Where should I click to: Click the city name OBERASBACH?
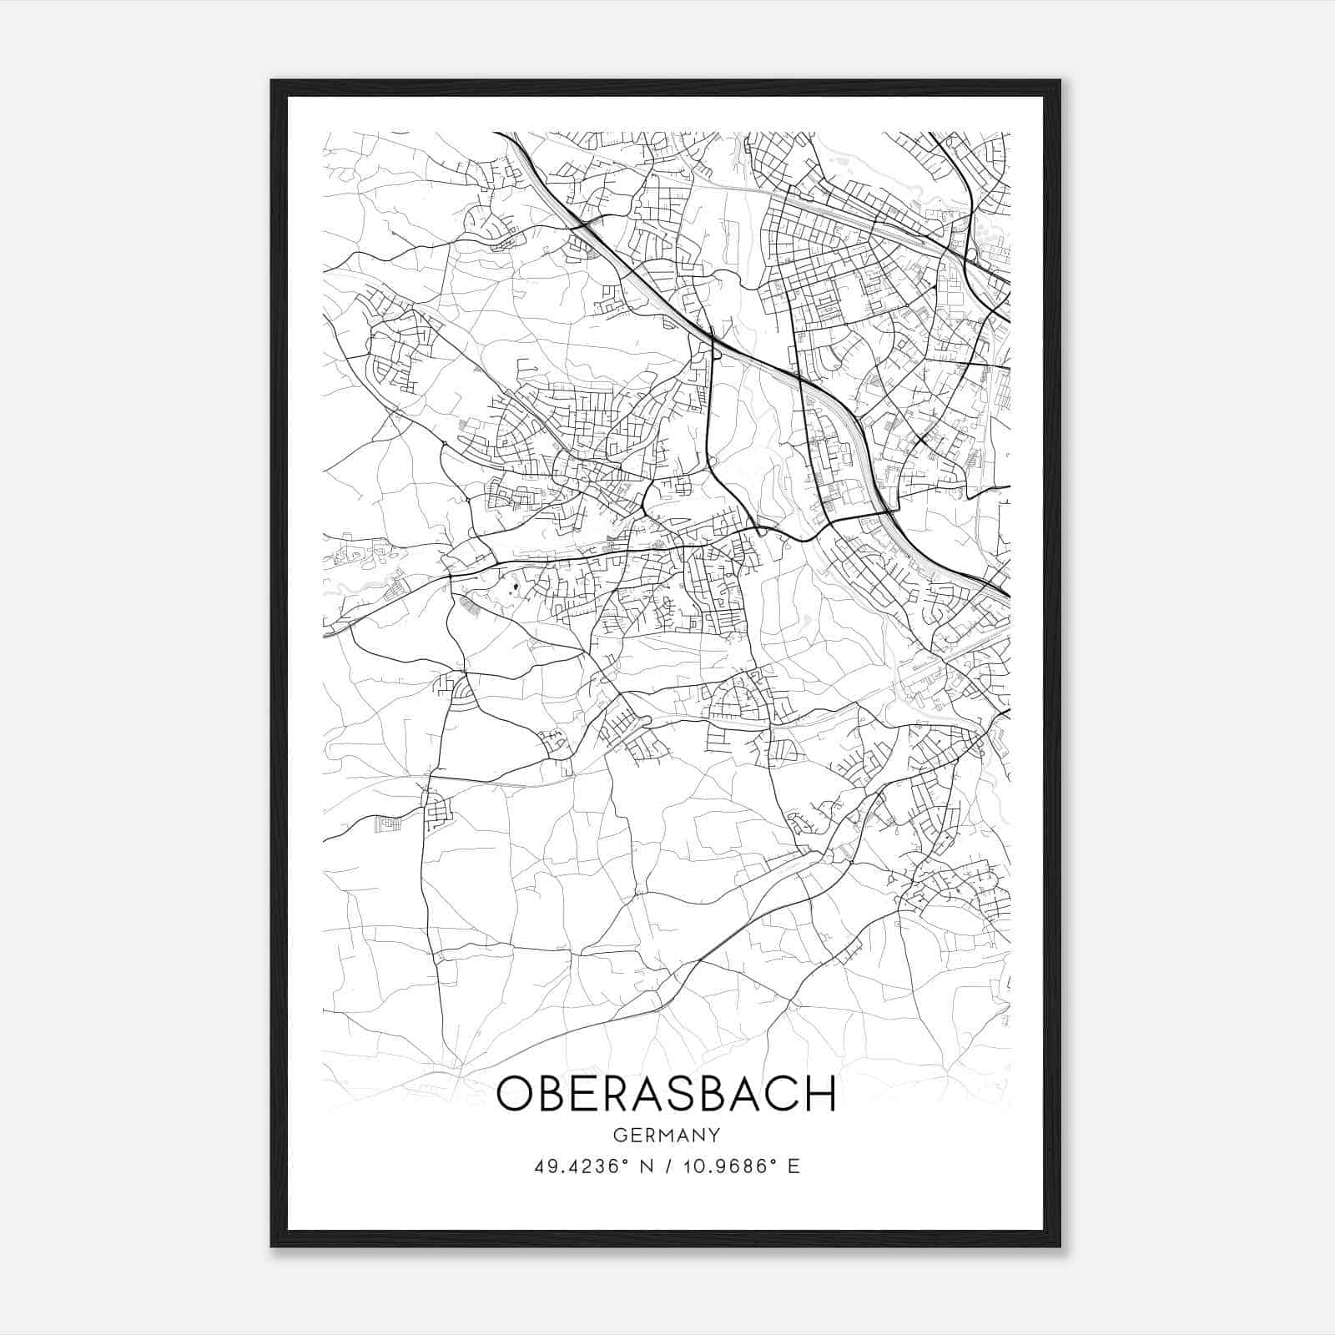[666, 1094]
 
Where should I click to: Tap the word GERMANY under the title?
[666, 1135]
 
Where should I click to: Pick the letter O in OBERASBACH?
[516, 1094]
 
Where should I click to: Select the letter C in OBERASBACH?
[782, 1094]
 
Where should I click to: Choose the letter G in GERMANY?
[618, 1135]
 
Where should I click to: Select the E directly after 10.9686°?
[793, 1166]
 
